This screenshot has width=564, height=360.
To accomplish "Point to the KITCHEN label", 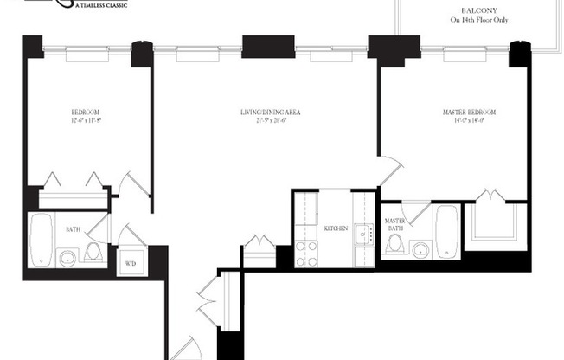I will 336,228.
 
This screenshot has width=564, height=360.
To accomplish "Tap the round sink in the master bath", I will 420,251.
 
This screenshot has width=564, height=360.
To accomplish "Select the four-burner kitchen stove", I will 306,253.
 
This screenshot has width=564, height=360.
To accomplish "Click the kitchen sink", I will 364,231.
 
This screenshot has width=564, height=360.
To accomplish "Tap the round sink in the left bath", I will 67,257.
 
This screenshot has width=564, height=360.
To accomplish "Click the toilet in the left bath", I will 93,252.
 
